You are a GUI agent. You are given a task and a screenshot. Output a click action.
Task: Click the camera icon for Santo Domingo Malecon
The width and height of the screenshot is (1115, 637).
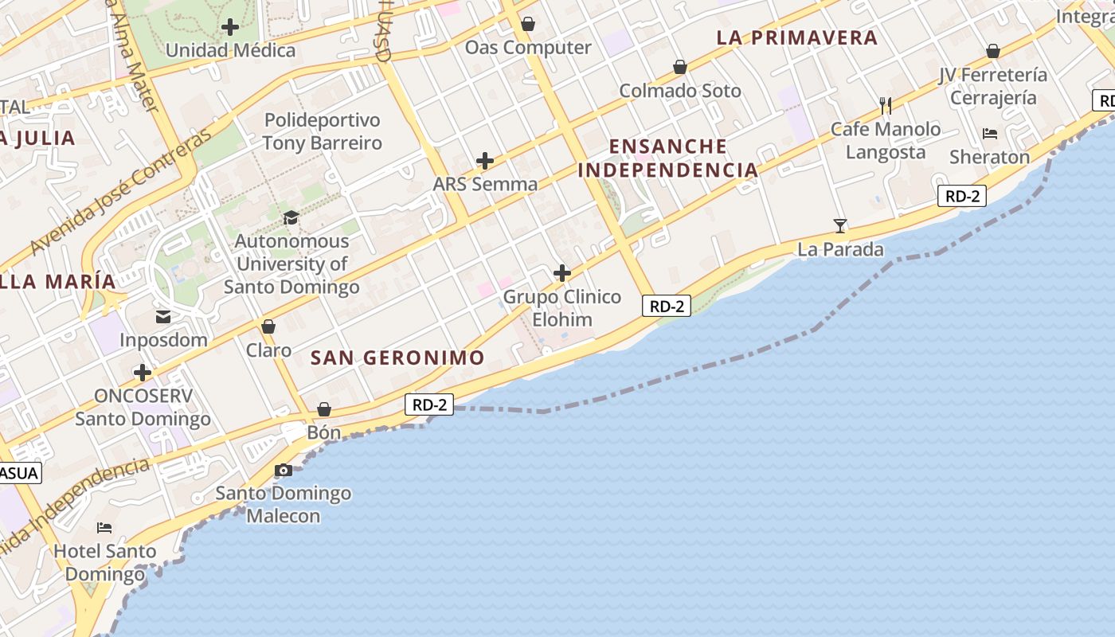[x=284, y=471]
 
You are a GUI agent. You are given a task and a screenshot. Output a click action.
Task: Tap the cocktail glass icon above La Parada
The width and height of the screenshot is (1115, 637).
[x=840, y=226]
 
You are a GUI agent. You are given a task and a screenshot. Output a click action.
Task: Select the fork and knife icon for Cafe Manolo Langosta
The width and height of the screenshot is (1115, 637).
[x=885, y=105]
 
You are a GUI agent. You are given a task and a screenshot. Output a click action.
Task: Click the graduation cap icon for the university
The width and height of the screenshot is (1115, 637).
[x=291, y=217]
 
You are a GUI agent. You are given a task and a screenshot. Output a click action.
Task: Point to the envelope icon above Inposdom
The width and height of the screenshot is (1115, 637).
[x=163, y=317]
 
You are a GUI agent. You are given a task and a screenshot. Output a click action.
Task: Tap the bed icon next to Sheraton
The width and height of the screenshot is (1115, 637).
[x=990, y=133]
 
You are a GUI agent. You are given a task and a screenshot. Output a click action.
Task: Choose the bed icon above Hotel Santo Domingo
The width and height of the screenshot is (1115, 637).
[x=104, y=527]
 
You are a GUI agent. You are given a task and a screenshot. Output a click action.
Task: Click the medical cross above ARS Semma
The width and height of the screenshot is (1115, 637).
[x=485, y=161]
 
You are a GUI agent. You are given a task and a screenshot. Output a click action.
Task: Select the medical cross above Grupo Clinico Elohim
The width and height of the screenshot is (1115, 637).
[x=562, y=274]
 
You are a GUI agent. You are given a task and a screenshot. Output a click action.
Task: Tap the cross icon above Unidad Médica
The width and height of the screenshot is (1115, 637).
[x=230, y=27]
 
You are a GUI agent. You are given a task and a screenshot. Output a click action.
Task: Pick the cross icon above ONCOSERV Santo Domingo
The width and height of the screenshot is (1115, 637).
[x=143, y=373]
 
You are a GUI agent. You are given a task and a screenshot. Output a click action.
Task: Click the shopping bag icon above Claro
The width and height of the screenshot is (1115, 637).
[x=268, y=326]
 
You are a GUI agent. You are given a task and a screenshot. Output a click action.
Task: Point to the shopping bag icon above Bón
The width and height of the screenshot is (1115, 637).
[x=324, y=409]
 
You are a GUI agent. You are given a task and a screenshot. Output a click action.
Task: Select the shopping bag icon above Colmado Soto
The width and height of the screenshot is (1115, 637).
[x=680, y=67]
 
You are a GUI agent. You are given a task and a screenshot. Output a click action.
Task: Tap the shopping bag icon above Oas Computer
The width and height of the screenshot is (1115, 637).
[x=528, y=24]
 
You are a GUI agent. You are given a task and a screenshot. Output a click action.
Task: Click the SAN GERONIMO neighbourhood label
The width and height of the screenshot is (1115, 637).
[x=397, y=358]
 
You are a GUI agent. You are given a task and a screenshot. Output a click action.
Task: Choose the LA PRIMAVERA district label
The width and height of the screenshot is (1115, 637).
[x=796, y=37]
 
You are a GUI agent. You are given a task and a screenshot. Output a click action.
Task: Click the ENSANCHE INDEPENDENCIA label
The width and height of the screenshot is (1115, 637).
[x=667, y=158]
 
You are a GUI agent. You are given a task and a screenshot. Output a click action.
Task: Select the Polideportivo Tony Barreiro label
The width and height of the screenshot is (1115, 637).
[x=323, y=131]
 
